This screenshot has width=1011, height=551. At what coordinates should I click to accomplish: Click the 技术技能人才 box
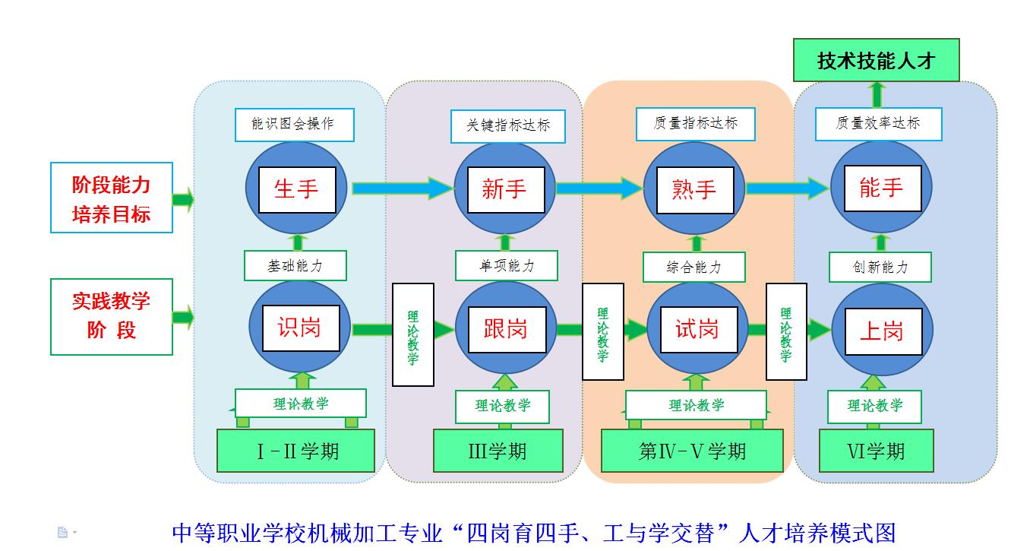point(876,61)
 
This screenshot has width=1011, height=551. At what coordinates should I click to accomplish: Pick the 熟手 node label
point(694,189)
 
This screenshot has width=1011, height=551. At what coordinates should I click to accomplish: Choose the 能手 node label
point(881,188)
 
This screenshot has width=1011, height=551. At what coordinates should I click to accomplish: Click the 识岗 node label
point(299,328)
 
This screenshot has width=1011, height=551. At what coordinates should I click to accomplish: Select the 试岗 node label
point(697,329)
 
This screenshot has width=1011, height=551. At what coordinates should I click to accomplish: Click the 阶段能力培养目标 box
point(112,198)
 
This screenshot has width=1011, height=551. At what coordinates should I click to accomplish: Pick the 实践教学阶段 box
point(112,316)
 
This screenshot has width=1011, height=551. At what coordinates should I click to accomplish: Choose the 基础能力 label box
point(295,266)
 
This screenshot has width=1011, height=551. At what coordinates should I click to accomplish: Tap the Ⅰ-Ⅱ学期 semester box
point(296,451)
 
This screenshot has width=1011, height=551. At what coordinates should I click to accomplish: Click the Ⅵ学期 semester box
point(876,451)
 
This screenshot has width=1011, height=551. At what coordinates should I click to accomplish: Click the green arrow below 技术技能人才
point(877,94)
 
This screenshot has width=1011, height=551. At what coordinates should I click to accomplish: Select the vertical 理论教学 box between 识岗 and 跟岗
point(413,334)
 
